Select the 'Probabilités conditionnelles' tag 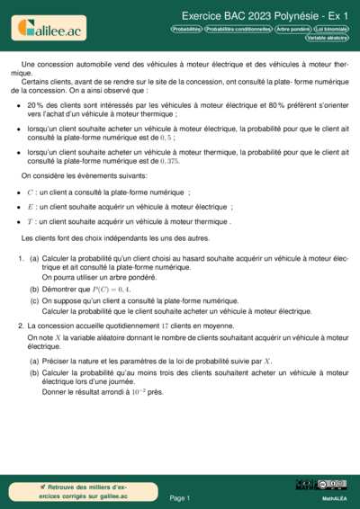tap(238, 29)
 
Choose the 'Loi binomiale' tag tap(330, 29)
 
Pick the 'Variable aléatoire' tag tap(327, 38)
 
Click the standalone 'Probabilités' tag tap(186, 29)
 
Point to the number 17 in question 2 tap(165, 325)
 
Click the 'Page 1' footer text tap(180, 497)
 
